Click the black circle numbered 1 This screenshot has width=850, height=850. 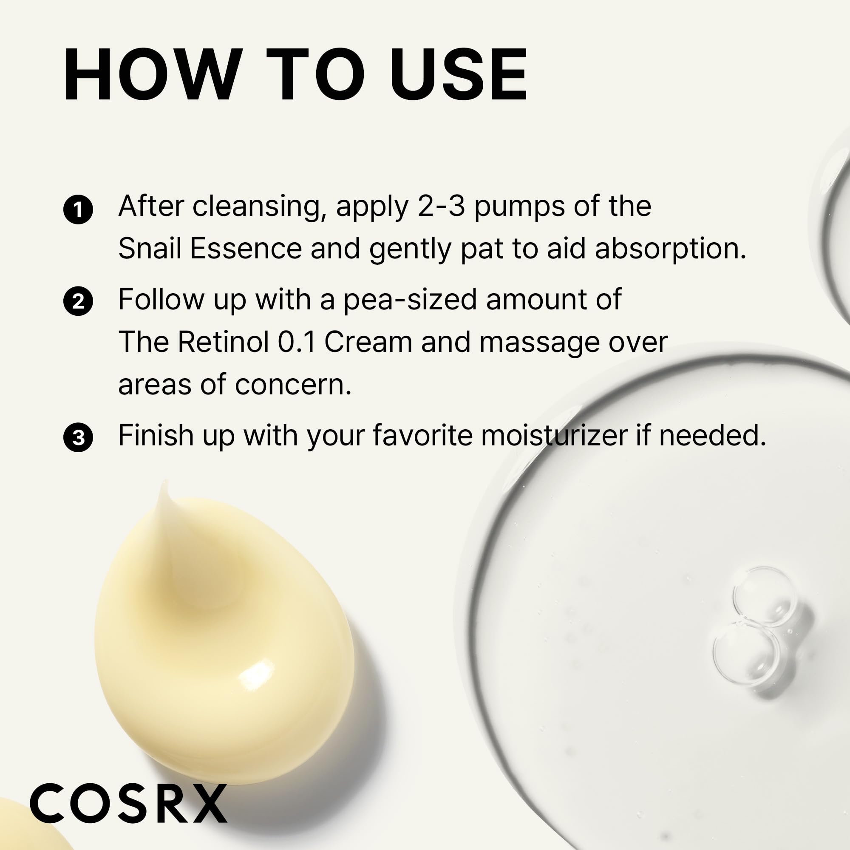(78, 210)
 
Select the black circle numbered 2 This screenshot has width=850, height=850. (78, 302)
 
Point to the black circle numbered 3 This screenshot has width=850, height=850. (78, 438)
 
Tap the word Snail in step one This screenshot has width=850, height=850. (150, 249)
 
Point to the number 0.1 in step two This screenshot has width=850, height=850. (297, 342)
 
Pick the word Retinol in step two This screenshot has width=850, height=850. (223, 342)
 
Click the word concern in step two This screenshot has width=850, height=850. (292, 385)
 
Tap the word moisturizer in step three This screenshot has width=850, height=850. (554, 436)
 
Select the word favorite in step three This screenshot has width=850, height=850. (422, 436)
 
